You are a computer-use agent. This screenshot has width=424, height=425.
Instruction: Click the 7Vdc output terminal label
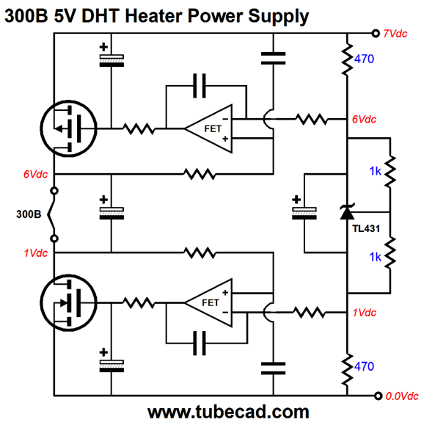coord(395,34)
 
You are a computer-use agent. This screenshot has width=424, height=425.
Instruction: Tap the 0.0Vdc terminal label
coord(402,396)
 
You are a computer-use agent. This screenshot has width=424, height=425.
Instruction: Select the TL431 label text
coord(366,228)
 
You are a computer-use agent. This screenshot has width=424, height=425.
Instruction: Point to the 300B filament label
coord(29,214)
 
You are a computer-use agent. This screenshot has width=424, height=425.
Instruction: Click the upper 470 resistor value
coord(364,59)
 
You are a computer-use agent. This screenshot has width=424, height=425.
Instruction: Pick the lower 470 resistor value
coord(364,366)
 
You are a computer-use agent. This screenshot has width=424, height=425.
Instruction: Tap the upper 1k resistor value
coord(376,171)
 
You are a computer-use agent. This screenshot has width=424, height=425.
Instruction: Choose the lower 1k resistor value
coord(376,257)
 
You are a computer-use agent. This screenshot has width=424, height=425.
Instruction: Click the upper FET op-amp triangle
coord(208,128)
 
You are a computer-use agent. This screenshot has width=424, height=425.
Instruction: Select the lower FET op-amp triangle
coord(208,302)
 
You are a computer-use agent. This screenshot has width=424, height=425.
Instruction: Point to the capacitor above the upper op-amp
coord(200,86)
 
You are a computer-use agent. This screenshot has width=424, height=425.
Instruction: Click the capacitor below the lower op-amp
coord(200,343)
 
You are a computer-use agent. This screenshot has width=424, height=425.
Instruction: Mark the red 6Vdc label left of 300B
coord(35,174)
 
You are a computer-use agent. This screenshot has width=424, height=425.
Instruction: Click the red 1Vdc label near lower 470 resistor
coord(365,313)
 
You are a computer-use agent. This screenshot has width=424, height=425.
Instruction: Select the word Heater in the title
coord(153,15)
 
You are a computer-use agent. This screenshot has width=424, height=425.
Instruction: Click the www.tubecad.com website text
coord(228,412)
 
